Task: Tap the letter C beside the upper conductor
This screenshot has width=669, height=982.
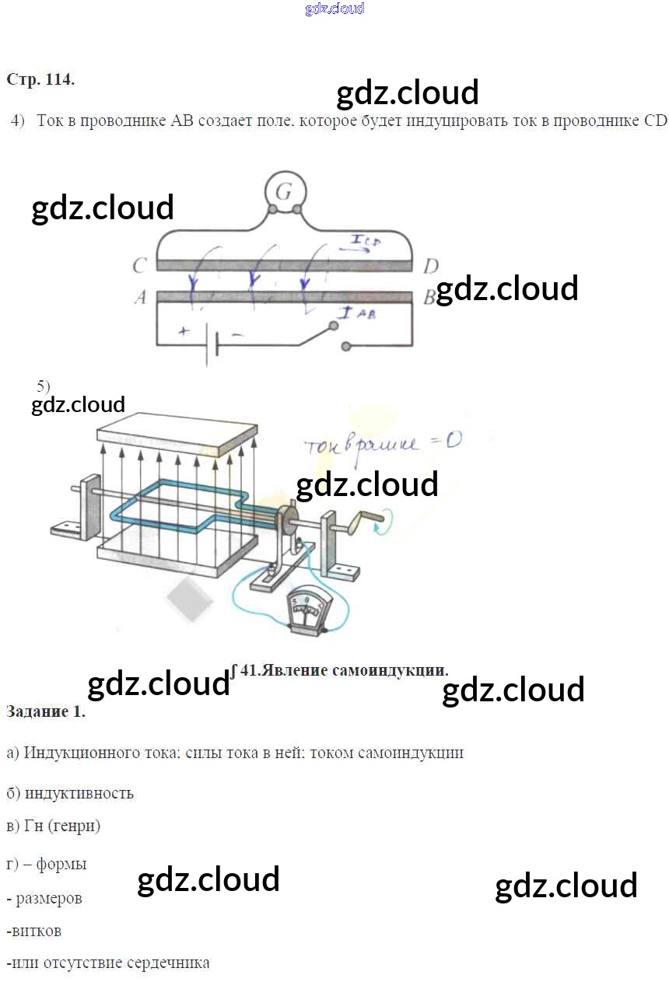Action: coord(139,267)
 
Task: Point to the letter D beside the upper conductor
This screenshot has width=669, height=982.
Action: coord(430,267)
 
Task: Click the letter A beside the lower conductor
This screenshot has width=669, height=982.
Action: coord(140,297)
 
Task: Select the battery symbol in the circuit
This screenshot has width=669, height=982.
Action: coord(212,343)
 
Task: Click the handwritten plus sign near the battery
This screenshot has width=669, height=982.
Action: coord(184,331)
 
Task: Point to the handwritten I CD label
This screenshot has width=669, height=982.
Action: coord(364,242)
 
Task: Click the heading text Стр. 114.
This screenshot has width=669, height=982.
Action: coord(40,79)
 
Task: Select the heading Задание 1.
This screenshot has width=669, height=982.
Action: coord(46,711)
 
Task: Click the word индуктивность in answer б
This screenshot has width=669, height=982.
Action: coord(79,793)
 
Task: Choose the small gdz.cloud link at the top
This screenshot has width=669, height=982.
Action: coord(334,9)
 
